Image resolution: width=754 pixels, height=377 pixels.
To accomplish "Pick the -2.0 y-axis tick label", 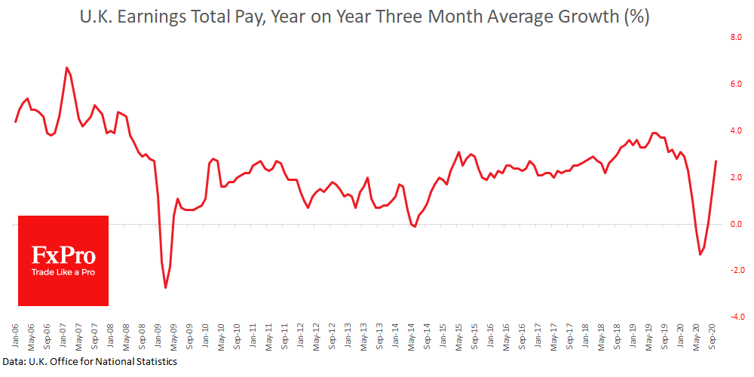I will coord(734,270).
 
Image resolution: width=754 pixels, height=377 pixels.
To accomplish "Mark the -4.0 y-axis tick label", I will coord(734,317).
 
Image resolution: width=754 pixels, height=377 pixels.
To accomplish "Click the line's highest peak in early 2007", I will coord(67,68).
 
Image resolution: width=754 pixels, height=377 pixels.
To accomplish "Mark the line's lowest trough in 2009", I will coord(166,288).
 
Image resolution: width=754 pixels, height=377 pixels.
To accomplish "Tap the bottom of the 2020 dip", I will coord(700,255).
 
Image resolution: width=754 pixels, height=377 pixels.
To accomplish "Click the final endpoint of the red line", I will coord(716,161).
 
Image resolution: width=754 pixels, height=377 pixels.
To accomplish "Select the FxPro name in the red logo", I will coord(63,255).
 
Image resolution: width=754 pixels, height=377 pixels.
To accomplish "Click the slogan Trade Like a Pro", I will coord(63,272).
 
